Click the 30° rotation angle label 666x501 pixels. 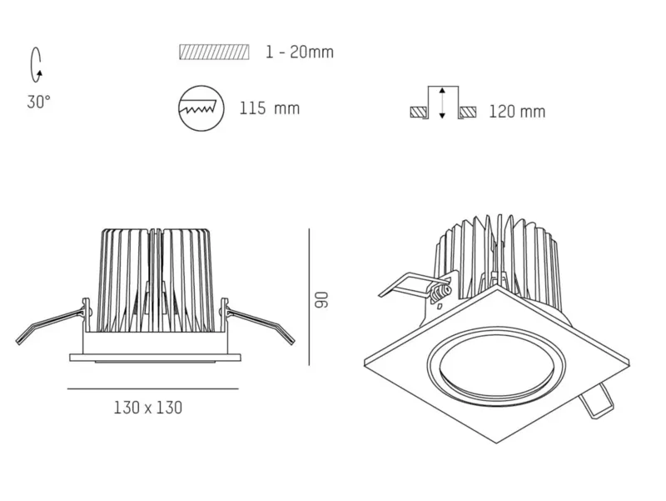click(38, 102)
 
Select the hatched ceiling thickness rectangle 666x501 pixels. click(214, 52)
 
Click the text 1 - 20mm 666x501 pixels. click(300, 52)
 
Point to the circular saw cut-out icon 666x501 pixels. click(201, 108)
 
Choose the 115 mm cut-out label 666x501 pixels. click(270, 108)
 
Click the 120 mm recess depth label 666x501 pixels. click(517, 112)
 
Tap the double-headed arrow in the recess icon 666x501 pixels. click(442, 103)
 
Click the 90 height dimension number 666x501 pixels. click(321, 299)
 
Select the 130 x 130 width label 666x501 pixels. click(148, 408)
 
